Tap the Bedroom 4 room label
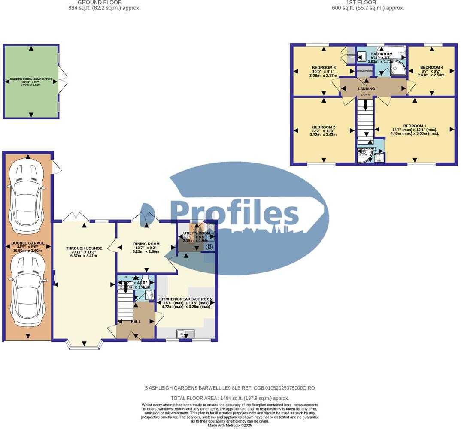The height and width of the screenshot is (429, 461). point(431,67)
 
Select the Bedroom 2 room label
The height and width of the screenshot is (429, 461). point(323,127)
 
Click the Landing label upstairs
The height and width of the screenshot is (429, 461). point(366,89)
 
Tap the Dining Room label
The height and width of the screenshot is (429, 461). point(147,244)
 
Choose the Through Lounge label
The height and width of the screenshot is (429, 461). point(84,248)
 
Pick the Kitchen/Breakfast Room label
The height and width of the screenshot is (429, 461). point(186,299)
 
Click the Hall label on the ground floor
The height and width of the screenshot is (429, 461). point(136,321)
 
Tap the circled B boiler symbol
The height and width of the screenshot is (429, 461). point(209,247)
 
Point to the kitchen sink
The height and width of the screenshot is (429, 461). point(185,333)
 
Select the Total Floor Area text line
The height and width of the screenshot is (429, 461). point(230,398)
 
